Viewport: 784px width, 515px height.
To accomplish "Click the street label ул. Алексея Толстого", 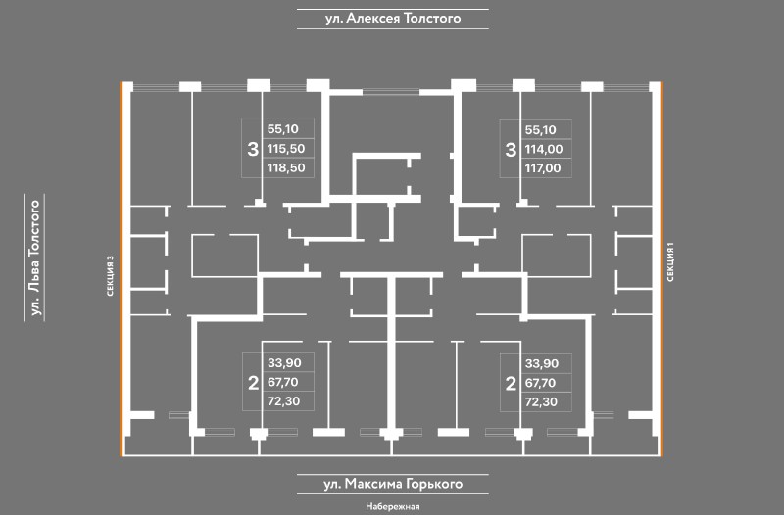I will (x=392, y=18).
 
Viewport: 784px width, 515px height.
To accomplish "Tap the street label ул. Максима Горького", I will (x=392, y=484).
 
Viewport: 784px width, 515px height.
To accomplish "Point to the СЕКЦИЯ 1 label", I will (x=672, y=262).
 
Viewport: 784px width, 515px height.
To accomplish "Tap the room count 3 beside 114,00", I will (x=510, y=150).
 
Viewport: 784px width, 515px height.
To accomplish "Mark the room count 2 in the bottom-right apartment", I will (x=510, y=383).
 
